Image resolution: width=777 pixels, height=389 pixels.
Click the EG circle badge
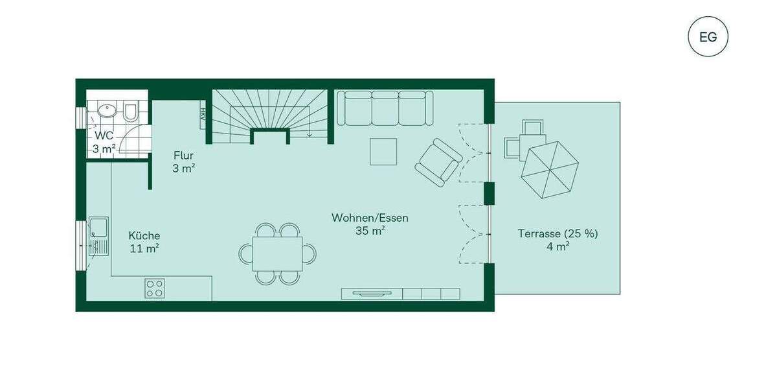click(708, 36)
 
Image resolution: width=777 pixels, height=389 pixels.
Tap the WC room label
click(104, 136)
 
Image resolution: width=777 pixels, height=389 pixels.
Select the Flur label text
click(183, 156)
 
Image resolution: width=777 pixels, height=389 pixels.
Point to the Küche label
click(144, 236)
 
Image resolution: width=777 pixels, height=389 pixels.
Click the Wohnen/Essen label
click(370, 218)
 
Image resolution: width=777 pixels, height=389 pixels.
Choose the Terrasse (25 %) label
click(557, 233)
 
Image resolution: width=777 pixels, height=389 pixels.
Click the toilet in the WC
click(129, 113)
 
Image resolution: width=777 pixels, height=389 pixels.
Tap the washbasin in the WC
click(106, 112)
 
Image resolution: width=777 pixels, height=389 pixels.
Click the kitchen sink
click(99, 236)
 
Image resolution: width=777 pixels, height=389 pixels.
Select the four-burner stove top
click(154, 288)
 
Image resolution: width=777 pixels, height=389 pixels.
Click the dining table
click(277, 253)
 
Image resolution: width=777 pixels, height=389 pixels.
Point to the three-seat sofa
click(385, 108)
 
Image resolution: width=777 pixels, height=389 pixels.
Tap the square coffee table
click(383, 152)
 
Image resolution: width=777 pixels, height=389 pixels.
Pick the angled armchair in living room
click(438, 161)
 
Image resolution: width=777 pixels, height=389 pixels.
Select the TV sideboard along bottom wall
click(400, 294)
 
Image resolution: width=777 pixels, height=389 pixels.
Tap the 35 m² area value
click(370, 230)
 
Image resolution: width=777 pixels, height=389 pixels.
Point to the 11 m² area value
click(144, 248)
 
